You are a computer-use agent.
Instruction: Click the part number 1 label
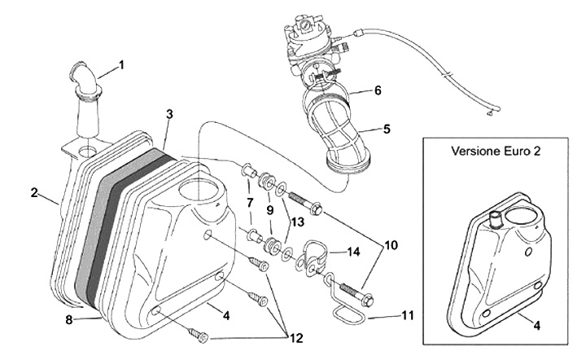point(121,64)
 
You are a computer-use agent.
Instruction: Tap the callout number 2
point(35,193)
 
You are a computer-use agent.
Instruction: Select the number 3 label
point(168,116)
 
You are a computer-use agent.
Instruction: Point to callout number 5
point(387,129)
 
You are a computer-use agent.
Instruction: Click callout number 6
point(377,90)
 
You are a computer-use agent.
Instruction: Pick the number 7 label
point(250,201)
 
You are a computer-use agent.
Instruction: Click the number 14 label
point(354,252)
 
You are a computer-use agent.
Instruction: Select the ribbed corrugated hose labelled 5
point(342,134)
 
